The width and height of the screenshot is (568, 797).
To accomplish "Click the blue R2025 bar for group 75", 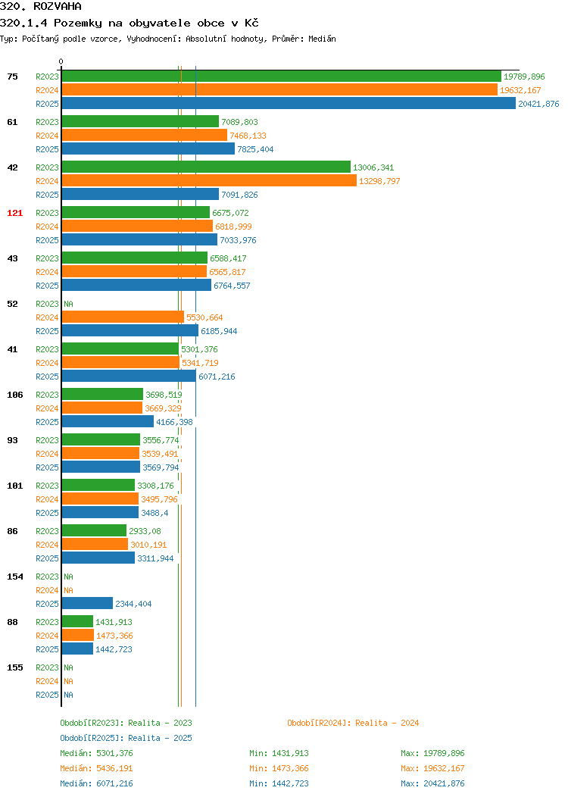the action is [x=289, y=103].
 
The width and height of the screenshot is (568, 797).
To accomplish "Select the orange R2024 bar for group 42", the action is [x=209, y=180].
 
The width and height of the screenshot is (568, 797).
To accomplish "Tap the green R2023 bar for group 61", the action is [x=140, y=121].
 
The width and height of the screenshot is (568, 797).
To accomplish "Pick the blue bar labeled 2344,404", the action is [x=87, y=603].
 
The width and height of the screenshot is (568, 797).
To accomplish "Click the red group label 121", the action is [x=14, y=213].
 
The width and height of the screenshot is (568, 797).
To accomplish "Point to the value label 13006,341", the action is [x=373, y=167].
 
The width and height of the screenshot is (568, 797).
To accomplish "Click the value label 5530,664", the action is [x=204, y=317].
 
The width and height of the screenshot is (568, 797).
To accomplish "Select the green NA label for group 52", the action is [x=69, y=304].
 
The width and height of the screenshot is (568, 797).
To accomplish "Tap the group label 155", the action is [x=14, y=667].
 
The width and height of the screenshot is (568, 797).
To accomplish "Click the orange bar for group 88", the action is [x=78, y=636].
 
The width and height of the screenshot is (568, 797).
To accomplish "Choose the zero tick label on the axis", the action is [x=61, y=61].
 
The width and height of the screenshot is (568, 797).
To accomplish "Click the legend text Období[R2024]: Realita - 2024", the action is [x=353, y=723].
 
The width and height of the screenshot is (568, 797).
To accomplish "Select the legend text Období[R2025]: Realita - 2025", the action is [x=126, y=738].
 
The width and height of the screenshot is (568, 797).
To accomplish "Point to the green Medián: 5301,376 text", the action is [x=96, y=753].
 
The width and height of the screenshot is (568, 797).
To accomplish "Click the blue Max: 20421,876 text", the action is [x=432, y=783].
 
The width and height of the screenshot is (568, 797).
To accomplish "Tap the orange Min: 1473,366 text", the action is [x=279, y=768].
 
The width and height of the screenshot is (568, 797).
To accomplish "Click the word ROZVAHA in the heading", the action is [x=58, y=7].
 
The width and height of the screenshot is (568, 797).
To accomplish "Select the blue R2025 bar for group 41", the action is [x=129, y=376].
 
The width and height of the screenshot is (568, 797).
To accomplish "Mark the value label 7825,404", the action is [x=255, y=149].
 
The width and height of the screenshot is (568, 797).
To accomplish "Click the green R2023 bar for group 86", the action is [x=94, y=530].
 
